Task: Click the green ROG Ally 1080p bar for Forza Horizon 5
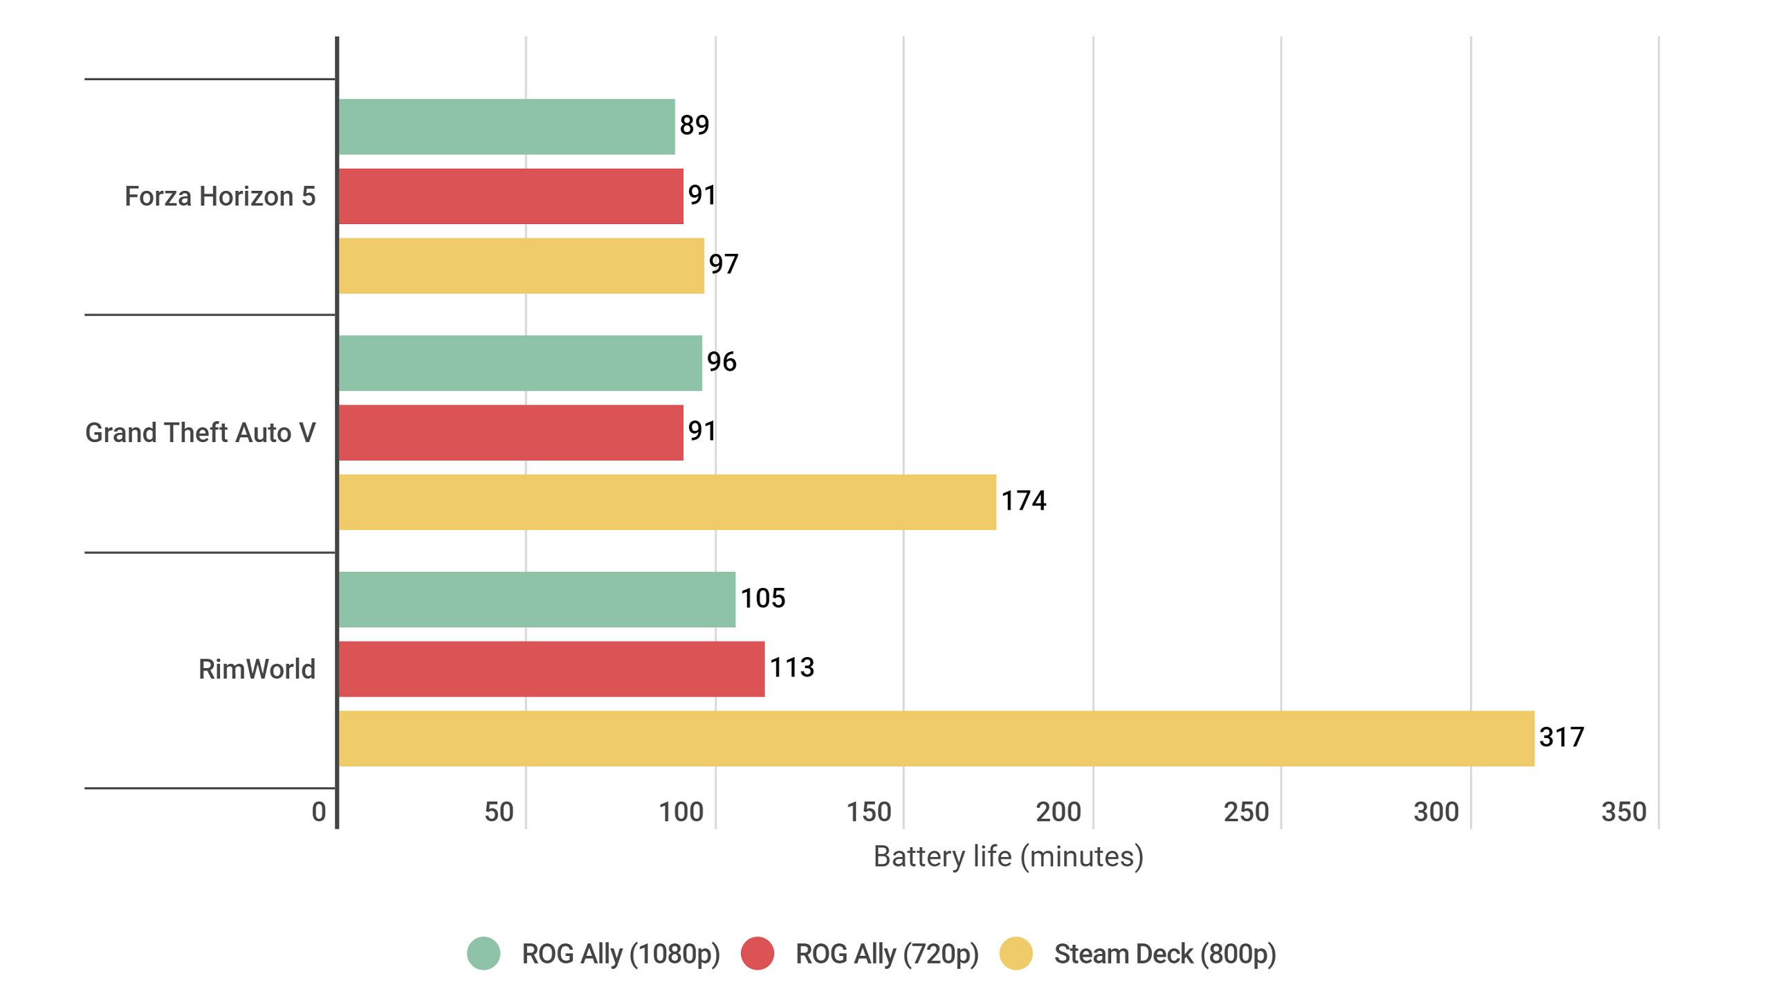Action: coord(506,127)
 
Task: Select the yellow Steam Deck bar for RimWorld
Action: coord(935,738)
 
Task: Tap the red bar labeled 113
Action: coord(551,668)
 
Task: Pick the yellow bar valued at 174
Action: coord(667,501)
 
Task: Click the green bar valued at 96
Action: coord(520,362)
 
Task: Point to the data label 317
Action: coord(1561,737)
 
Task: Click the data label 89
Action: coord(694,125)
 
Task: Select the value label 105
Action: coord(762,598)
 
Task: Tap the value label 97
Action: coord(723,264)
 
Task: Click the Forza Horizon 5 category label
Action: coord(220,196)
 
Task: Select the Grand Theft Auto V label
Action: coord(200,432)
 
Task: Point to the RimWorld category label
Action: coord(257,669)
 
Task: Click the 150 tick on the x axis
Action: coord(868,812)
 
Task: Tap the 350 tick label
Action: coord(1623,812)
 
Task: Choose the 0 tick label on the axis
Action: coord(318,812)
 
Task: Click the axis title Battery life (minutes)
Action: coord(1008,856)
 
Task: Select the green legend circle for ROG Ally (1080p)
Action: coord(484,953)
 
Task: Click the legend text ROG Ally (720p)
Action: coord(886,954)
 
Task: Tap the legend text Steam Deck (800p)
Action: coord(1164,954)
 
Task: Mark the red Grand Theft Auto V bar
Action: coord(511,432)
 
